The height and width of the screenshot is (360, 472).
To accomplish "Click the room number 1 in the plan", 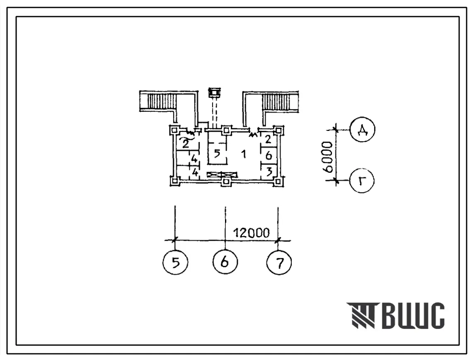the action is [x=244, y=154].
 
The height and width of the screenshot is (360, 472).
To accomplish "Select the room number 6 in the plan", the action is [x=269, y=155].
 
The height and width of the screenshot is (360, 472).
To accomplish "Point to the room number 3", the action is [x=269, y=172].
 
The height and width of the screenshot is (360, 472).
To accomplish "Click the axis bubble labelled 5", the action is [x=175, y=262].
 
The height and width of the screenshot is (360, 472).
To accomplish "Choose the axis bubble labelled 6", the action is [x=225, y=261].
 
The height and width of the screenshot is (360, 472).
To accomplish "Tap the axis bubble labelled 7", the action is [x=279, y=263].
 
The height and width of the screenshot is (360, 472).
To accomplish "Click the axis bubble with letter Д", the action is [x=363, y=129].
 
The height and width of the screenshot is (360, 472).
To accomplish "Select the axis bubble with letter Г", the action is [x=362, y=181].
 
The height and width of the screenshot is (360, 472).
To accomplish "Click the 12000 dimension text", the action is [x=252, y=232].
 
